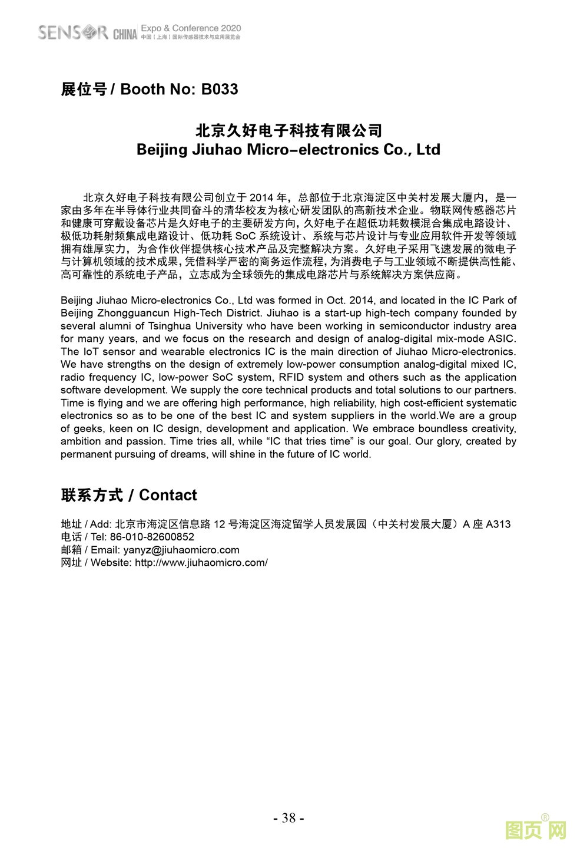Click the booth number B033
coord(220,90)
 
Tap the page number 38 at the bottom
coord(288,817)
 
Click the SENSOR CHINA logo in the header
coord(87,32)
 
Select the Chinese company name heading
coord(288,130)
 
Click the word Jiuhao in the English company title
coord(215,150)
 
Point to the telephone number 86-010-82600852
coord(152,537)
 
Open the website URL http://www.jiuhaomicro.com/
coord(201,563)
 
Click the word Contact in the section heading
coord(168,495)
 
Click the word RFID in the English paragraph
coord(292,377)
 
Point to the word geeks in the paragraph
coord(88,428)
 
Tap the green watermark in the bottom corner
coord(536,830)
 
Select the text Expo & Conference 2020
coord(191,28)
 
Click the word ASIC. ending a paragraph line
coord(502,339)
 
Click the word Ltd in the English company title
coord(428,150)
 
